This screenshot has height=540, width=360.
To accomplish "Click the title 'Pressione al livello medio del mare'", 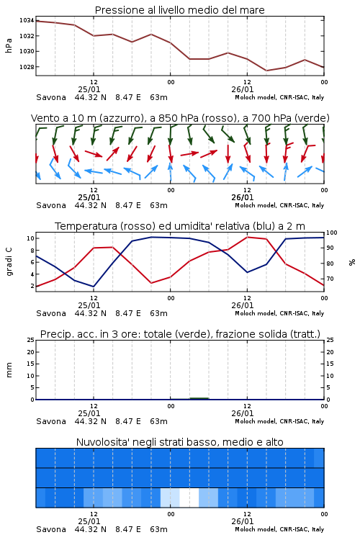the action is pyautogui.click(x=179, y=10).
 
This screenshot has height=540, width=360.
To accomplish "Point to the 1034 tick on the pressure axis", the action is pyautogui.click(x=27, y=20).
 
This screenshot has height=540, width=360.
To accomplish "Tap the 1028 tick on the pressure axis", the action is pyautogui.click(x=27, y=67).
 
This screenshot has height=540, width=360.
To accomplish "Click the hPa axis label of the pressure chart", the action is pyautogui.click(x=9, y=45).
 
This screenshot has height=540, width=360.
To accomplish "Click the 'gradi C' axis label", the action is pyautogui.click(x=9, y=262).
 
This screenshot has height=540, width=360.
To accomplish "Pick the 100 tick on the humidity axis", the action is pyautogui.click(x=332, y=233).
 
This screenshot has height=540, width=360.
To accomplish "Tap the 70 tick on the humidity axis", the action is pyautogui.click(x=330, y=279).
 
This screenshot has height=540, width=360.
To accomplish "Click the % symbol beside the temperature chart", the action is pyautogui.click(x=352, y=262).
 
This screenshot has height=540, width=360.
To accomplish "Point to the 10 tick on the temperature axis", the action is pyautogui.click(x=30, y=238).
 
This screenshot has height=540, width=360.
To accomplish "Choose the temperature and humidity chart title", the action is pyautogui.click(x=180, y=226).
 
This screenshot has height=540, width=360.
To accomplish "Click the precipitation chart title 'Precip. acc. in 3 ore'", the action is pyautogui.click(x=89, y=334).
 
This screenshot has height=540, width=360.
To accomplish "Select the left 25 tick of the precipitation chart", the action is pyautogui.click(x=30, y=340).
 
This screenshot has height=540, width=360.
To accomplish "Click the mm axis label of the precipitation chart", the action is pyautogui.click(x=9, y=370).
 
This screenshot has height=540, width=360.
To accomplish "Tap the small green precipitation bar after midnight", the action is pyautogui.click(x=199, y=398).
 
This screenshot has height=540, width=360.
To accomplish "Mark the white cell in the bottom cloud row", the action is pyautogui.click(x=189, y=498).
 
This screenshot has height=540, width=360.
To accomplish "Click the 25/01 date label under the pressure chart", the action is pyautogui.click(x=89, y=89).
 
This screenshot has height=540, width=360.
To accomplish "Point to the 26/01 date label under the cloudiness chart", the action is pyautogui.click(x=243, y=521).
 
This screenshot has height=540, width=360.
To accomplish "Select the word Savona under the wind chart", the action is pyautogui.click(x=51, y=205).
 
